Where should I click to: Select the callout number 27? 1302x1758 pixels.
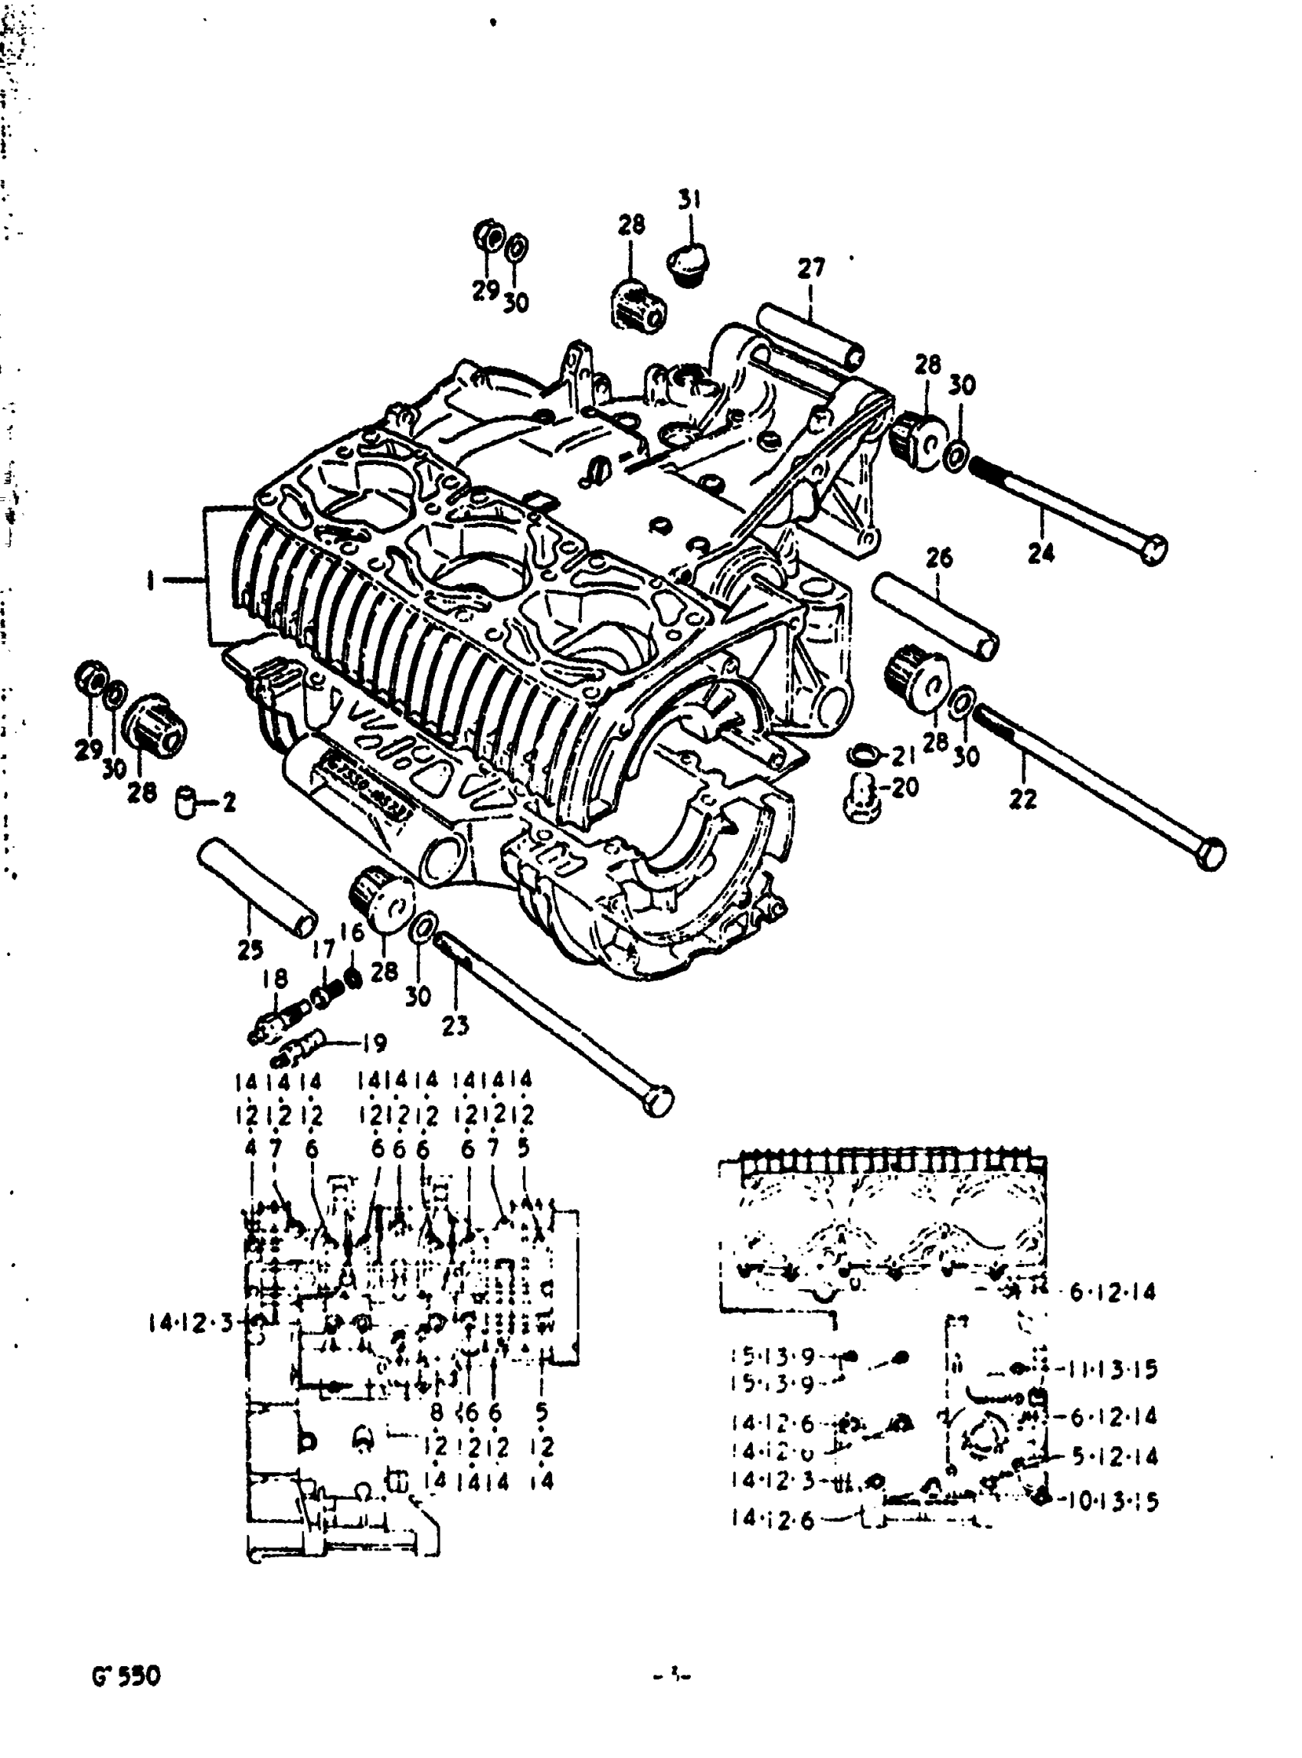point(810,268)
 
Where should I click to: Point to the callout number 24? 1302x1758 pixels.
point(1040,552)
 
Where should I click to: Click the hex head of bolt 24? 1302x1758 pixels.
point(1153,548)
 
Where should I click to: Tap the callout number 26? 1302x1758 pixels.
point(939,558)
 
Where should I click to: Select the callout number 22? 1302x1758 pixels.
point(1022,800)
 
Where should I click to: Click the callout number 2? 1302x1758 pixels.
point(228,803)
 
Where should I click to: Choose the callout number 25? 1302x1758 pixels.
point(250,951)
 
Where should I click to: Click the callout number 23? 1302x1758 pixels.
point(455,1025)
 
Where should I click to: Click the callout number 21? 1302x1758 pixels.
point(903,756)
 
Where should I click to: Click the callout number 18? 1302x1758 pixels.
point(275,978)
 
